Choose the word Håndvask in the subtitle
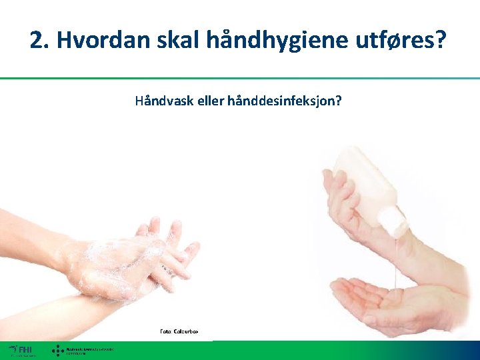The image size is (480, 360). pyautogui.click(x=160, y=102)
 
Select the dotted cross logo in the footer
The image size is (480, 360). pyautogui.click(x=58, y=350)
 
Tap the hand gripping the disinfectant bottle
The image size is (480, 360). pyautogui.click(x=347, y=200)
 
